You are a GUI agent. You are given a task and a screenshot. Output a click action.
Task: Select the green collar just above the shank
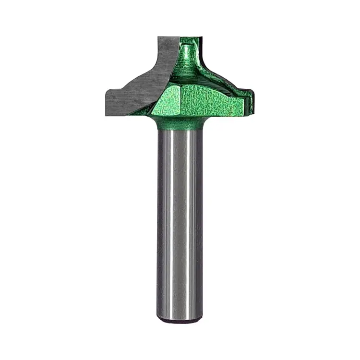(x=180, y=124)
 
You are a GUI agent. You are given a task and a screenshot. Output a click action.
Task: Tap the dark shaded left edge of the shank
(x=161, y=221)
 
